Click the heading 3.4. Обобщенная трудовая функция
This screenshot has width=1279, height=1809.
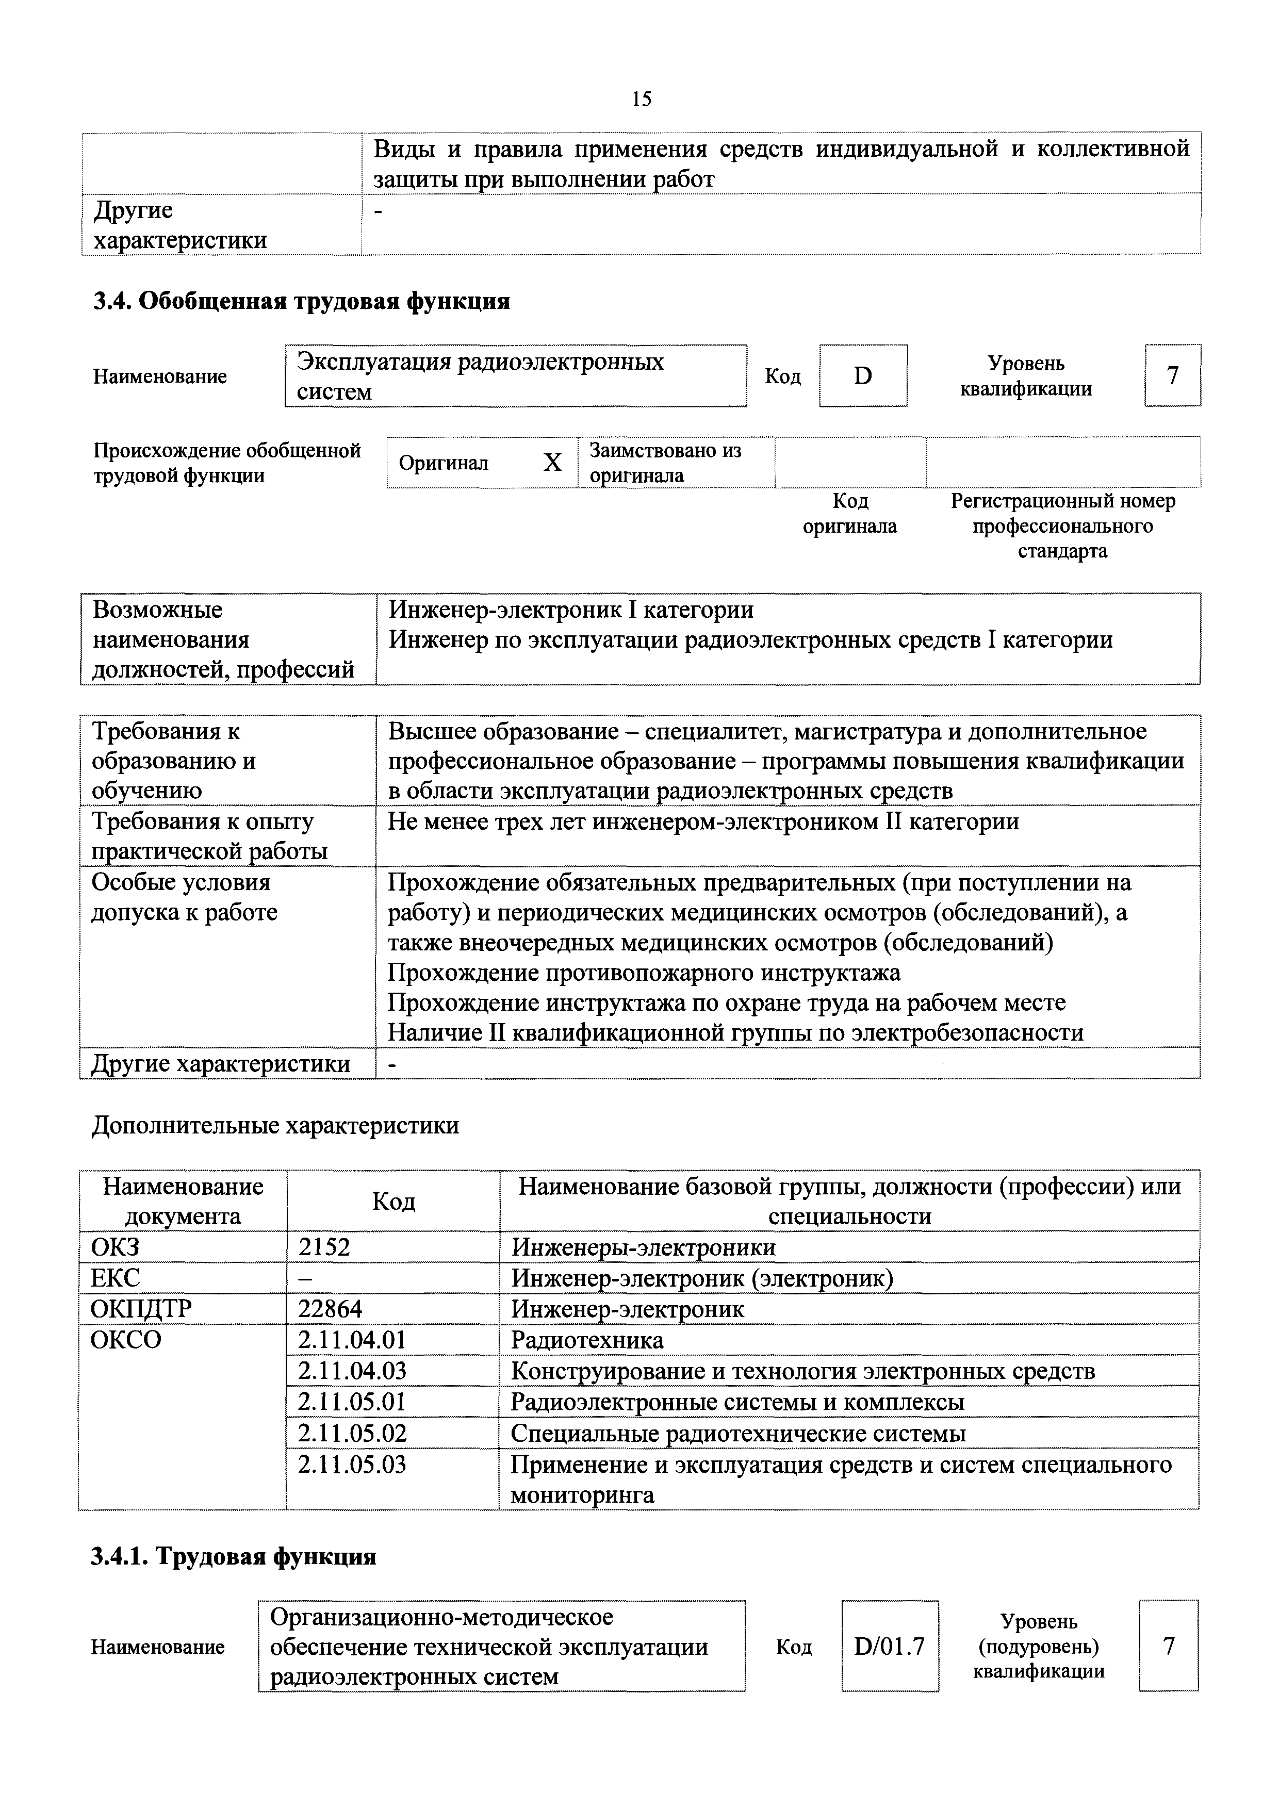click(302, 301)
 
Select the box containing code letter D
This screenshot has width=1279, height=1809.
click(863, 376)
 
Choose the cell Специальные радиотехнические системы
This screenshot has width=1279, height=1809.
click(737, 1433)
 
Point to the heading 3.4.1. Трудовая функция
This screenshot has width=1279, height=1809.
click(234, 1556)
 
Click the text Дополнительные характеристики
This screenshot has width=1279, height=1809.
click(275, 1125)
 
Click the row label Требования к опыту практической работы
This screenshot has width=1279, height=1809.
click(209, 836)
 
